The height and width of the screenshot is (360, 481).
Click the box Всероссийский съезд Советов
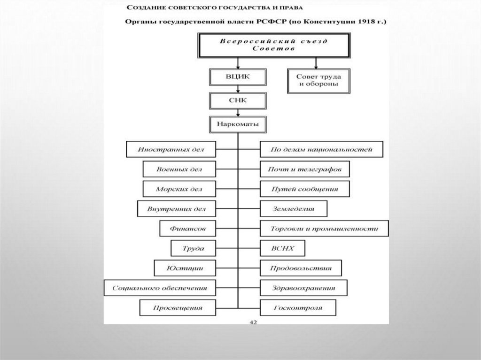pyautogui.click(x=275, y=45)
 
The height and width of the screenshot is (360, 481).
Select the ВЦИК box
pyautogui.click(x=238, y=77)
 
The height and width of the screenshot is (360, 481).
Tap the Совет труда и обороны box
pyautogui.click(x=318, y=81)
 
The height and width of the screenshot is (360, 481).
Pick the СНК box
pyautogui.click(x=238, y=101)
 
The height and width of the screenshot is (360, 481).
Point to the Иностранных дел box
pyautogui.click(x=171, y=150)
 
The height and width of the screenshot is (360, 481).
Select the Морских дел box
pyautogui.click(x=178, y=189)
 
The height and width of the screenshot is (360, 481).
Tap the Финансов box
pyautogui.click(x=187, y=229)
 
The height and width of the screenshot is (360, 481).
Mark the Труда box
pyautogui.click(x=193, y=248)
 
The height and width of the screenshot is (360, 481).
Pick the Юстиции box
pyautogui.click(x=185, y=268)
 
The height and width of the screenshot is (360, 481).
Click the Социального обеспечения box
pyautogui.click(x=160, y=288)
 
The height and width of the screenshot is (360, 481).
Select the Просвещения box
pyautogui.click(x=178, y=308)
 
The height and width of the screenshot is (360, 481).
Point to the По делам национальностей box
pyautogui.click(x=321, y=150)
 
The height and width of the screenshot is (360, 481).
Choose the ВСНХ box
pyautogui.click(x=282, y=248)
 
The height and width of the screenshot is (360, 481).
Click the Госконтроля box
pyautogui.click(x=298, y=308)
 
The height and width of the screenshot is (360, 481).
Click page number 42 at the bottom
pyautogui.click(x=253, y=322)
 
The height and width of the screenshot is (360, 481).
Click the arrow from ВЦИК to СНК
pyautogui.click(x=238, y=89)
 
